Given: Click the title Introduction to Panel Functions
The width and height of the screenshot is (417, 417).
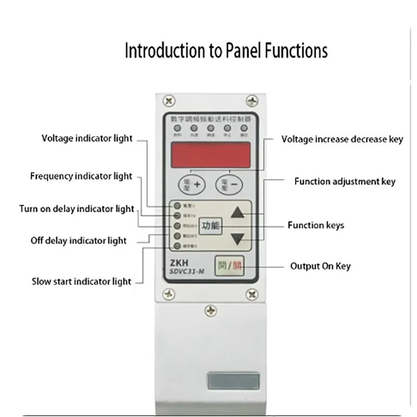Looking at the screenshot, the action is tap(226, 51).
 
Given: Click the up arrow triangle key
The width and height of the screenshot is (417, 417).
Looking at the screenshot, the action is tap(238, 212).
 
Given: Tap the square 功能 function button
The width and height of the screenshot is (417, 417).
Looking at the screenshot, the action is tap(211, 226).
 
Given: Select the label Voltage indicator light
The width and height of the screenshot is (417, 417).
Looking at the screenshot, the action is tap(87, 138).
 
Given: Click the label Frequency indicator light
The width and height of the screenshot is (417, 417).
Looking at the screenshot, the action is tap(81, 176).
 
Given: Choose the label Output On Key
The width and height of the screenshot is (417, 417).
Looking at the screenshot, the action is tap(320, 266).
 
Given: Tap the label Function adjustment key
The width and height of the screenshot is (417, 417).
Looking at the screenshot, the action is tap(345, 181).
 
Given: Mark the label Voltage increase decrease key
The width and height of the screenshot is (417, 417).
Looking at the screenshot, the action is tap(342, 139).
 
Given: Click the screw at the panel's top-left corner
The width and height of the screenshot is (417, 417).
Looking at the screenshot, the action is tap(169, 99).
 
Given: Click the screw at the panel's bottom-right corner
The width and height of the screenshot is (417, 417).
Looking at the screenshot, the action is tap(252, 295).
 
